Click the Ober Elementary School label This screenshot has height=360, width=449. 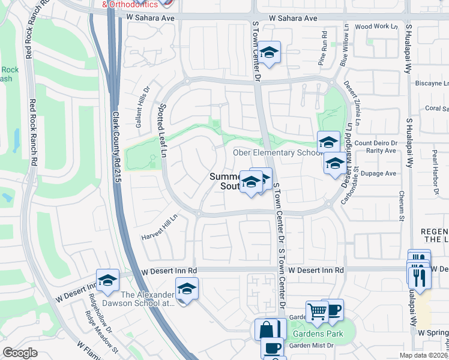[x=277, y=153]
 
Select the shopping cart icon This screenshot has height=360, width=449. [x=316, y=311]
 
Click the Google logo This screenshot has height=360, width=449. [x=20, y=353]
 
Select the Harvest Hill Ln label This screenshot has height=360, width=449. [x=160, y=229]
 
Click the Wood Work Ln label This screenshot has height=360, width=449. [x=376, y=26]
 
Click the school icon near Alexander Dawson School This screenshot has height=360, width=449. [x=187, y=289]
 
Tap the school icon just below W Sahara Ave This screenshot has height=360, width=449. [x=270, y=52]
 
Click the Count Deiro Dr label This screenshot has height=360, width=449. [x=376, y=143]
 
